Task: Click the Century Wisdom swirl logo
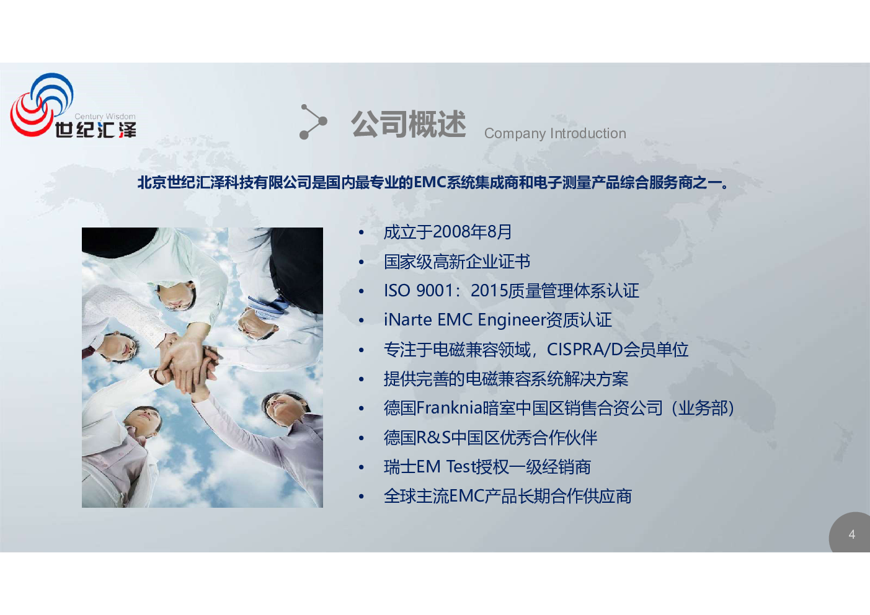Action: click(42, 104)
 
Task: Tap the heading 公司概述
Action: click(408, 124)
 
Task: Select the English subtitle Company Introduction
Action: click(555, 133)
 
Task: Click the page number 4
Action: click(852, 534)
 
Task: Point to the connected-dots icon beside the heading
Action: click(313, 122)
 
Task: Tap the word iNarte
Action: click(407, 319)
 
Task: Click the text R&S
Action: click(433, 438)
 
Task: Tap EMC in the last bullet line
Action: click(466, 496)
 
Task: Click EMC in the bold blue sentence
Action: click(430, 182)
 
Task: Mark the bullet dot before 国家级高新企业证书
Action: click(361, 262)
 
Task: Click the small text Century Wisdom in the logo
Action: click(105, 117)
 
